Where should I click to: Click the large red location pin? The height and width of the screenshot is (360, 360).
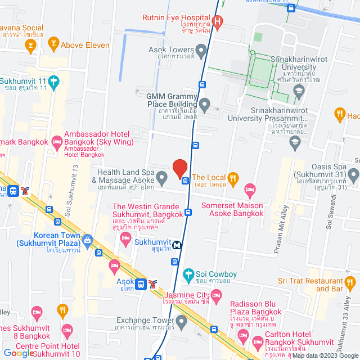point(179,168)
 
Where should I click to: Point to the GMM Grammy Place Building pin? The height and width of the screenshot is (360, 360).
point(205,103)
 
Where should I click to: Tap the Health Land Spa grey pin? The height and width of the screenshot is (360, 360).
point(161,179)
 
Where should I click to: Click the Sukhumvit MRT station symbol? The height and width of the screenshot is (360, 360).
point(177,245)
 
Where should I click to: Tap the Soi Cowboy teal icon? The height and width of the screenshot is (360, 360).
point(189,275)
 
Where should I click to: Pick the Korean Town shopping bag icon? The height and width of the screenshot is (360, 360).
point(87,241)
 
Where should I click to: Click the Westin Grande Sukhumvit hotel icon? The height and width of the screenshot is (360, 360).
point(126,240)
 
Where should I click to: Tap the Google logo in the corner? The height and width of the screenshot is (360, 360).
point(19,353)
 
